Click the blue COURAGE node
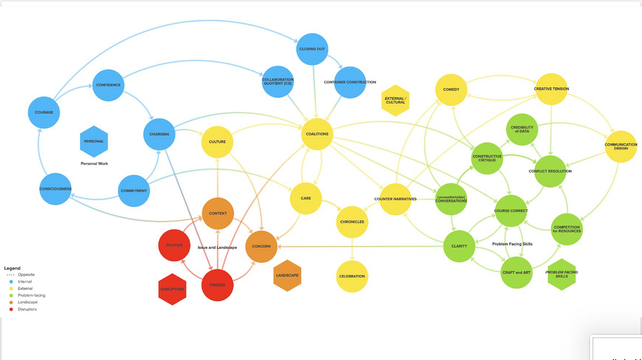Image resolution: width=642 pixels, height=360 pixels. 44,112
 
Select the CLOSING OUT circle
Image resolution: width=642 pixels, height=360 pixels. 312,49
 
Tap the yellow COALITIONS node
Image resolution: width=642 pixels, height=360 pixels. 317,134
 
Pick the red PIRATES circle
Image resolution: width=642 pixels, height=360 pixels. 217,285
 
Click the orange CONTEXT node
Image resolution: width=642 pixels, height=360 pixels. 218,213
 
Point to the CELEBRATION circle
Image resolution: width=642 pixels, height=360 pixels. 352,276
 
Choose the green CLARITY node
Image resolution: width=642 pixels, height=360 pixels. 459,246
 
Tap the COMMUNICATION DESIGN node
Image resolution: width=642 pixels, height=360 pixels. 621,147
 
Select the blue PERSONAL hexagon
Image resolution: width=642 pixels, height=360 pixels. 94,141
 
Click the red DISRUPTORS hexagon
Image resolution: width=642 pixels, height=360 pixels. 172,289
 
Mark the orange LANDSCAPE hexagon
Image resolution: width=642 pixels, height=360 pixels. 287,275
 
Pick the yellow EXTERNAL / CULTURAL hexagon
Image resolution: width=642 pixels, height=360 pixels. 396,100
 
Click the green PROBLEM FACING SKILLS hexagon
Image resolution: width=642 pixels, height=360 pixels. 562,274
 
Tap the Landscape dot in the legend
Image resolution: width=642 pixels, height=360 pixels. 11,302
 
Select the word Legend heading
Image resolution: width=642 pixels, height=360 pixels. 12,268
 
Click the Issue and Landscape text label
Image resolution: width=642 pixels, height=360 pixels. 217,248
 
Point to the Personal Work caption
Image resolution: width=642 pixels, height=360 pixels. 94,163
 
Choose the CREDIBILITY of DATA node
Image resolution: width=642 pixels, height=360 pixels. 522,130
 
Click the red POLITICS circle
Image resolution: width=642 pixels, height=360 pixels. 174,245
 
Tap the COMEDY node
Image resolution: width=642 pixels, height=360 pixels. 451,89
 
